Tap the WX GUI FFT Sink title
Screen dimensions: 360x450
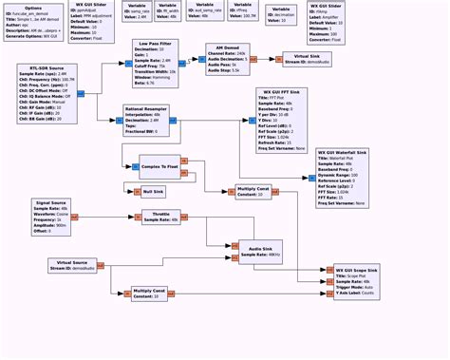[x=282, y=119]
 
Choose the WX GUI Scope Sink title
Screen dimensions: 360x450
[x=356, y=271]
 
